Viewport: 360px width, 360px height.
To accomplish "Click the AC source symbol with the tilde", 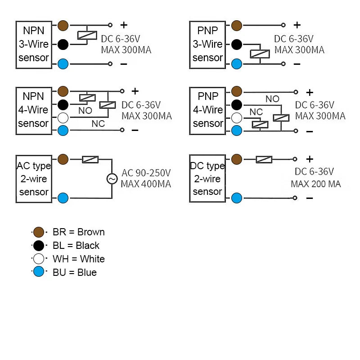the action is (112, 179).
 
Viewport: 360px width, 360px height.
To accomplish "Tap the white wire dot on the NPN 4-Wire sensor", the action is (63, 118).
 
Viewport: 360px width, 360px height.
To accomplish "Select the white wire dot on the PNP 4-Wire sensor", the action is (237, 118).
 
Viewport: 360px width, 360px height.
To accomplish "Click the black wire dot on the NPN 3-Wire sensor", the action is (63, 45).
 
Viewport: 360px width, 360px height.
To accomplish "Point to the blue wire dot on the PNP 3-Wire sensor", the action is (237, 64).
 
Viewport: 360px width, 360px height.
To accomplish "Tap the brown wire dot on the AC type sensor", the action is (63, 159).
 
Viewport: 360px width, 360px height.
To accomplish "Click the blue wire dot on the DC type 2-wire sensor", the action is (237, 198).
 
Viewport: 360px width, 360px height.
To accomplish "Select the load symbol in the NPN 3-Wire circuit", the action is (87, 35).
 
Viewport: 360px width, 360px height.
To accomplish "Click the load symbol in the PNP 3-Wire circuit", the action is (260, 54).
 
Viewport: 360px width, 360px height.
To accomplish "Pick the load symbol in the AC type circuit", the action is (90, 159).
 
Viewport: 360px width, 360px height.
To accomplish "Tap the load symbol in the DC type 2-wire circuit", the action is (264, 159).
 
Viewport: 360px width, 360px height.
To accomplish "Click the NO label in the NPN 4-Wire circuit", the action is (85, 111).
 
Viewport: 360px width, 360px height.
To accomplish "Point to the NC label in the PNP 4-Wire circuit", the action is (256, 112).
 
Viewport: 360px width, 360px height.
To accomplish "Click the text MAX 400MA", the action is (146, 184).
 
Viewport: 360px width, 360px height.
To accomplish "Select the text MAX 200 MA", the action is (316, 184).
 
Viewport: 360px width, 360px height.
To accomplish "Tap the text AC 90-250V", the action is (146, 173).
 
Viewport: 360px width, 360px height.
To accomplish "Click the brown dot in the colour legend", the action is (39, 232).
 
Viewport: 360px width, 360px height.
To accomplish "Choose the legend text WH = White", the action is (79, 259).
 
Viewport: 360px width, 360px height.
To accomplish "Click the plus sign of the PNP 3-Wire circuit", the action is (297, 25).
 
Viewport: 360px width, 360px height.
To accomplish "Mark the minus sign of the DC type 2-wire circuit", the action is (310, 198).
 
